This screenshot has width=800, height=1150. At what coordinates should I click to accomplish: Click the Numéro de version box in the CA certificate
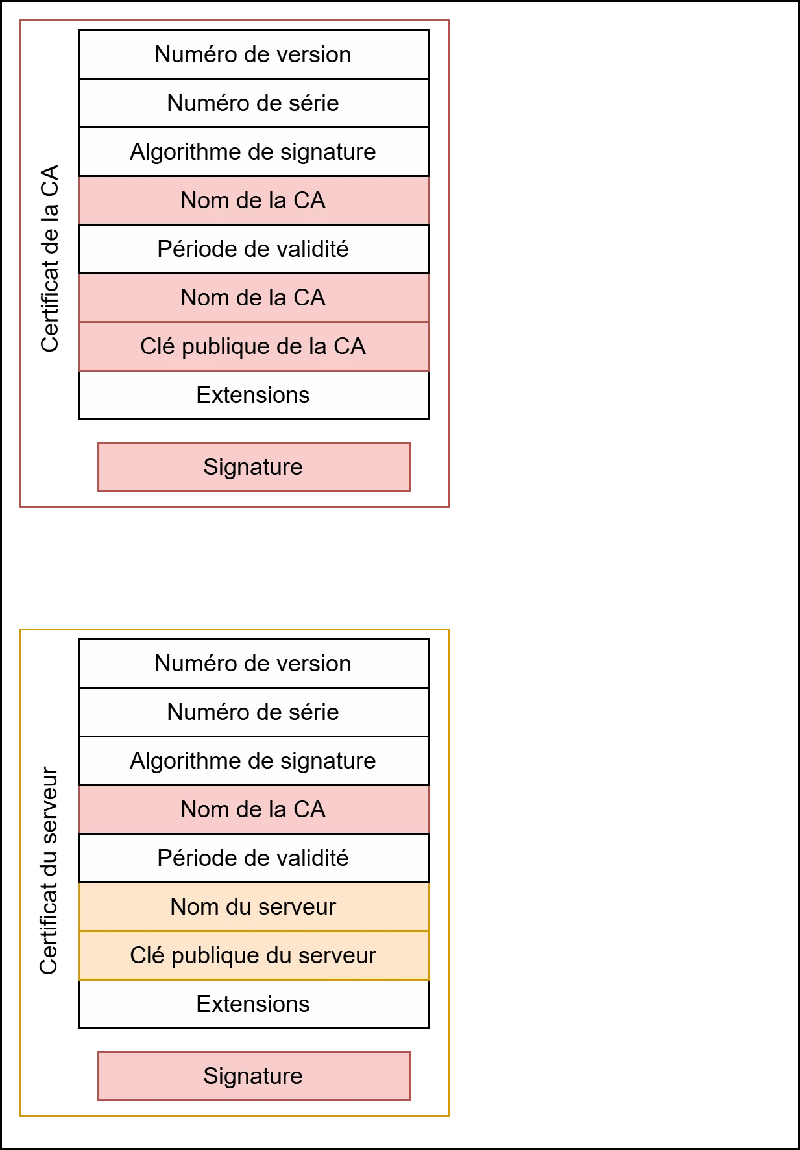pos(254,54)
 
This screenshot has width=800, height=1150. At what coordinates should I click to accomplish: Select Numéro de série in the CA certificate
pos(254,103)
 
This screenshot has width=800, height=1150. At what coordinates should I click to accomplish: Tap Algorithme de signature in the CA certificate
pos(254,152)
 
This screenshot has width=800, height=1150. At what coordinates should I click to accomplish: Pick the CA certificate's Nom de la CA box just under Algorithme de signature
pos(254,200)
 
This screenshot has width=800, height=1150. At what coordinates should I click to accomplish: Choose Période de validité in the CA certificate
pos(254,249)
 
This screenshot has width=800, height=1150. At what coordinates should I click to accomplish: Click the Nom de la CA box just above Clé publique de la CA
pos(254,298)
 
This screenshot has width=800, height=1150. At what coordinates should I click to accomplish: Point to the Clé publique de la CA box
pos(254,346)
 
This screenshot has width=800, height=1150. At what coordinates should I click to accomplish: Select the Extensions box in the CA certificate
pos(254,395)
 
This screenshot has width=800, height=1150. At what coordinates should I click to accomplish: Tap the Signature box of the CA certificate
pos(254,467)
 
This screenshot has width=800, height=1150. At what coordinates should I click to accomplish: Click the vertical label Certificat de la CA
pos(49,258)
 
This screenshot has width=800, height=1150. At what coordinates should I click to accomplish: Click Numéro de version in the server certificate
pos(254,664)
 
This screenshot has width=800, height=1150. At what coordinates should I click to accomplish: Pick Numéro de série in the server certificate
pos(254,712)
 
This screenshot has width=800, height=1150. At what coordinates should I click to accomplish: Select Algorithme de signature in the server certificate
pos(254,761)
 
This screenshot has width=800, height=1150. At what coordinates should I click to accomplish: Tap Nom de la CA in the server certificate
pos(254,809)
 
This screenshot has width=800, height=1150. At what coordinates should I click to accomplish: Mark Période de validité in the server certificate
pos(254,858)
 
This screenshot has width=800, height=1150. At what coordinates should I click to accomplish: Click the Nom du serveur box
pos(254,907)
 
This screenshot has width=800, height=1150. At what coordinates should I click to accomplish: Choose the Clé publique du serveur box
pos(254,955)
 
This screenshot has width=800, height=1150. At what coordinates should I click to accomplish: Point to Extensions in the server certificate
pos(254,1004)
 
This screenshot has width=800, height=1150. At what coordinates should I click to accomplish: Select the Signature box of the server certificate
pos(254,1076)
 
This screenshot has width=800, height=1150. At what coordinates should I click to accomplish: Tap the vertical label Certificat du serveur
pos(49,870)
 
